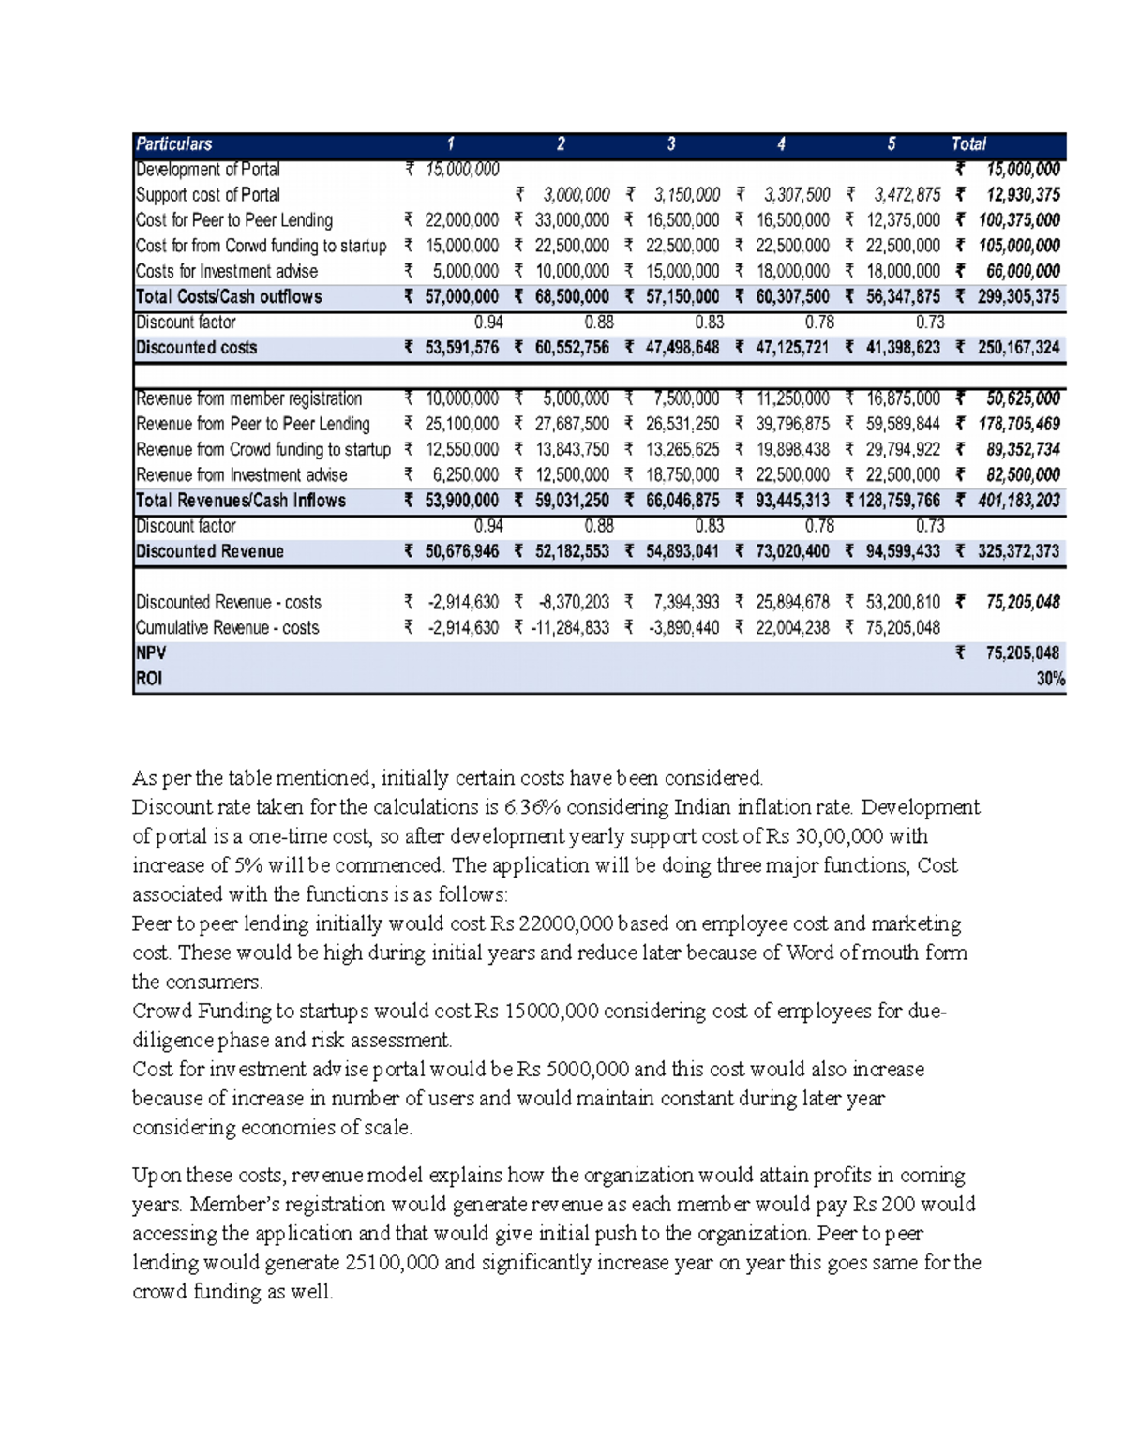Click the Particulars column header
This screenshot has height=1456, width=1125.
click(174, 144)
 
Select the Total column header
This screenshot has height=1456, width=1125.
click(968, 144)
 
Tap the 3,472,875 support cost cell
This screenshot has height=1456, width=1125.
click(907, 195)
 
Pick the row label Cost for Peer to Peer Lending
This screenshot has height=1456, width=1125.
click(234, 220)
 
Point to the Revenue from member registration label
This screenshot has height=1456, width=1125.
click(249, 398)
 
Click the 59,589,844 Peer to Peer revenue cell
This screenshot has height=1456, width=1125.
click(902, 424)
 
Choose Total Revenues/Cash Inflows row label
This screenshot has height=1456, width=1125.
click(241, 501)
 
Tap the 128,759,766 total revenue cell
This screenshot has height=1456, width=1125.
click(901, 501)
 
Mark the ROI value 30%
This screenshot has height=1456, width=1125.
click(1050, 679)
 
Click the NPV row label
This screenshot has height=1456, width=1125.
click(151, 653)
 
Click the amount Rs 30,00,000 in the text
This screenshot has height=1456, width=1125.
click(837, 836)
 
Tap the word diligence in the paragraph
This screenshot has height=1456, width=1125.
click(172, 1040)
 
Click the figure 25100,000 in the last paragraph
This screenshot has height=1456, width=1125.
click(392, 1263)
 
